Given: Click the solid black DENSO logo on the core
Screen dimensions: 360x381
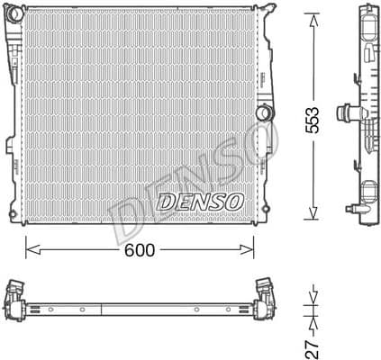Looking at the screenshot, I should pos(199,202).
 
